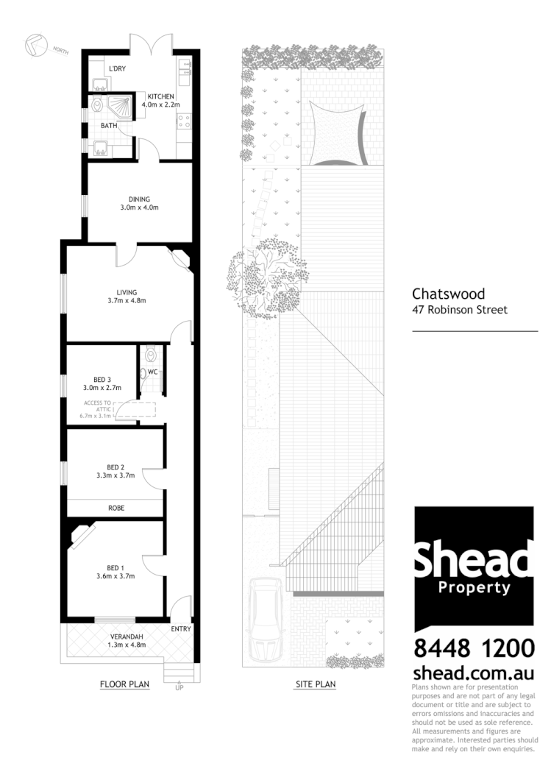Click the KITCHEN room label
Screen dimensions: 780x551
pyautogui.click(x=160, y=96)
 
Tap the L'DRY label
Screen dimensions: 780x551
pyautogui.click(x=117, y=69)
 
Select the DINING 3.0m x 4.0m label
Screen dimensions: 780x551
pyautogui.click(x=139, y=203)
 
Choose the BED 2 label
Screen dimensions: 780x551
pyautogui.click(x=115, y=467)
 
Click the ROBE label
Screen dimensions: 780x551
pyautogui.click(x=115, y=508)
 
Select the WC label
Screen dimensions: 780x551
pyautogui.click(x=153, y=372)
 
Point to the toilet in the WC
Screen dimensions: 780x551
pyautogui.click(x=151, y=355)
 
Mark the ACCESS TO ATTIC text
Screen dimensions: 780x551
pyautogui.click(x=97, y=406)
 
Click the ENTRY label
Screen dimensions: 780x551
pyautogui.click(x=180, y=629)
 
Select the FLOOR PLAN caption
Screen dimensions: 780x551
pyautogui.click(x=124, y=684)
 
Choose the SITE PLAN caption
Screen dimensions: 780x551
pyautogui.click(x=315, y=684)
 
